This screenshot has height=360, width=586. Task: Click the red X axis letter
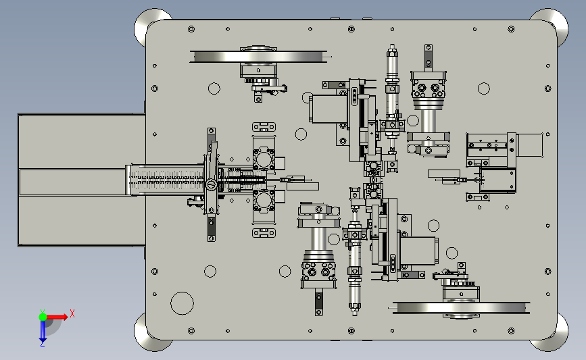pyautogui.click(x=72, y=313)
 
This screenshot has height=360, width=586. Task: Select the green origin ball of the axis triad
pyautogui.click(x=43, y=317)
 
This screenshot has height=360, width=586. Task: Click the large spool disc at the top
pyautogui.click(x=258, y=57)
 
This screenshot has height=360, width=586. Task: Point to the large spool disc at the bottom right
pyautogui.click(x=461, y=308)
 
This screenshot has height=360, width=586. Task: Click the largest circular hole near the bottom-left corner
pyautogui.click(x=182, y=303)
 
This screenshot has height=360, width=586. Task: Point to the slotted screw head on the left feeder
pyautogui.click(x=211, y=184)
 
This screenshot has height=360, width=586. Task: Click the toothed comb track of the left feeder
pyautogui.click(x=168, y=180)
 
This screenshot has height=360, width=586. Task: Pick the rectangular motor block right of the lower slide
pyautogui.click(x=418, y=251)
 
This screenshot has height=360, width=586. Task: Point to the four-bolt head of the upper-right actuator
pyautogui.click(x=429, y=87)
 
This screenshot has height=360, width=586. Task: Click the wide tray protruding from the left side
pyautogui.click(x=82, y=180)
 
